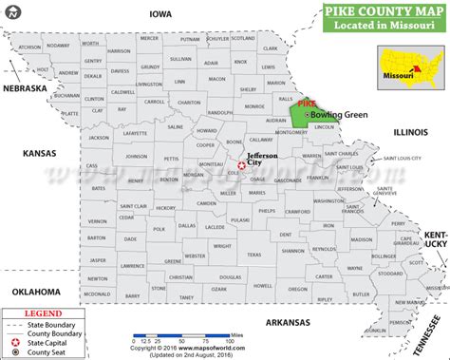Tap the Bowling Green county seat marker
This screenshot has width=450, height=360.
[306, 114]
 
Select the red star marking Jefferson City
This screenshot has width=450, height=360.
[241, 165]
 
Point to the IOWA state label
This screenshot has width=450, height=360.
[159, 14]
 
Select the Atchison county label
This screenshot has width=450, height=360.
[29, 47]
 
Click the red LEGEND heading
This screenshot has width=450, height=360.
[42, 312]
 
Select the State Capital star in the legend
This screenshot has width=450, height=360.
[13, 341]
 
